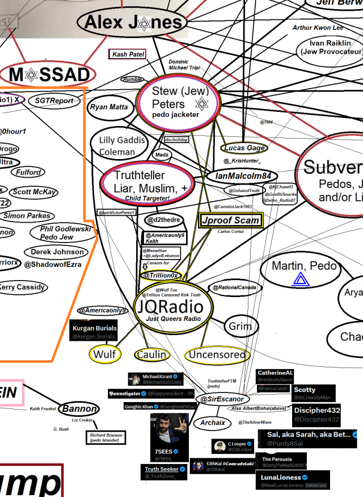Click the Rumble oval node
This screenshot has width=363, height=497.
[x=132, y=80]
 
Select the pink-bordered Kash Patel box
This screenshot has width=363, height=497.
[x=127, y=55]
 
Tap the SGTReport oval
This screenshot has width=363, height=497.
[x=54, y=101]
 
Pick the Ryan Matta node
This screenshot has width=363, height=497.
[x=109, y=107]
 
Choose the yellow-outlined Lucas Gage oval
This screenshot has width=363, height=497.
[x=244, y=148]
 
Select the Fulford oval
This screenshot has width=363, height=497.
[x=28, y=172]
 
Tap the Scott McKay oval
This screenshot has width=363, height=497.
[x=33, y=192]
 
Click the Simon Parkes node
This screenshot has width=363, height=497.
[x=27, y=216]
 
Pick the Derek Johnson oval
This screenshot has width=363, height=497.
[x=57, y=252]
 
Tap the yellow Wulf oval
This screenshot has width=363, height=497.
[x=105, y=354]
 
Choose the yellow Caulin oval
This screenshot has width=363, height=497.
[x=151, y=354]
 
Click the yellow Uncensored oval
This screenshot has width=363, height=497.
[x=218, y=355]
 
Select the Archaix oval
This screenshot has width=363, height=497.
[x=213, y=423]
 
